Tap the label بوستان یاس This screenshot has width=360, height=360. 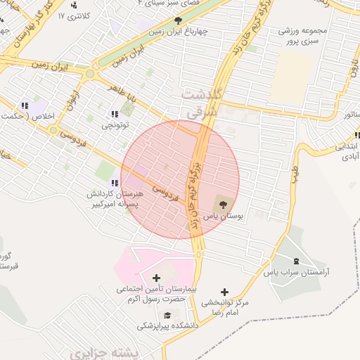coord(224,218)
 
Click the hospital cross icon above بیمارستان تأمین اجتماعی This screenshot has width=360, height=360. coord(156,278)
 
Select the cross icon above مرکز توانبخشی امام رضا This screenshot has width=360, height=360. coord(224,292)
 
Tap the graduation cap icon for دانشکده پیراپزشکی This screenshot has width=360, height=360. coord(167,315)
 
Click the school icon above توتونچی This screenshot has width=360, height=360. coord(114,115)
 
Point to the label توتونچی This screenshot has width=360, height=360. coord(115,127)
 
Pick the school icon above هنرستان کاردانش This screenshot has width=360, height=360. coord(115,184)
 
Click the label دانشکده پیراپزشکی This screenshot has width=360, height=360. coord(167,326)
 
